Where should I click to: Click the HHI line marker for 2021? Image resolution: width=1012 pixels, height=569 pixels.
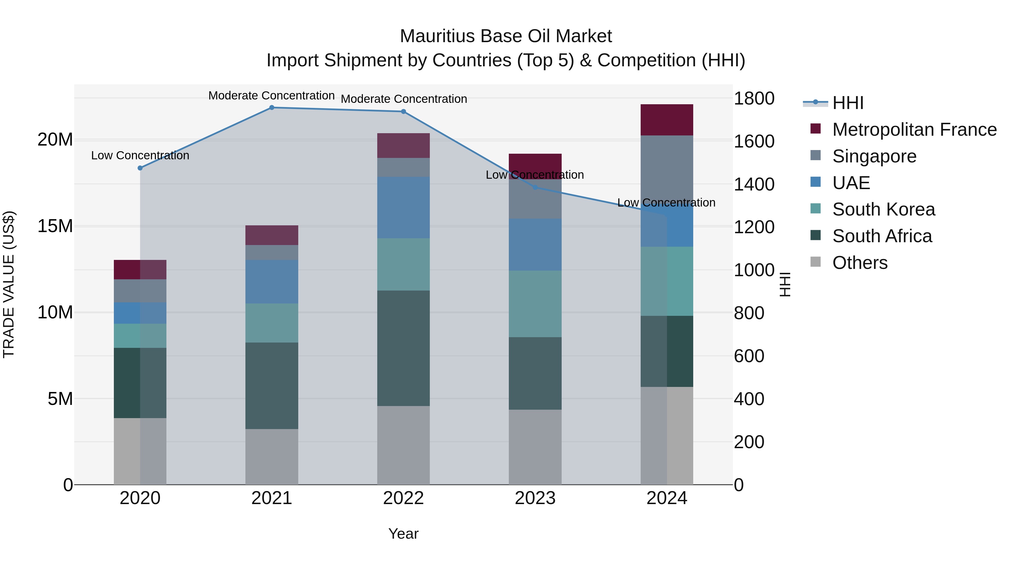pos(272,108)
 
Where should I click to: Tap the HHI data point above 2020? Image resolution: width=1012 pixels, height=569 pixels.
pos(140,168)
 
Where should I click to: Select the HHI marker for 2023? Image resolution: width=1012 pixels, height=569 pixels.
pos(535,187)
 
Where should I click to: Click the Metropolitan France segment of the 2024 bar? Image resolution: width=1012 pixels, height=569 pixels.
pos(667,120)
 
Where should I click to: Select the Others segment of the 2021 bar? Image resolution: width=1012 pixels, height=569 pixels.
pos(272,456)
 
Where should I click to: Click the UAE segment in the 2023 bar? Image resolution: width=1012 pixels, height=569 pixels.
pos(535,244)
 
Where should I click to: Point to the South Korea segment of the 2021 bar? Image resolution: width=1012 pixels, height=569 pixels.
pos(272,323)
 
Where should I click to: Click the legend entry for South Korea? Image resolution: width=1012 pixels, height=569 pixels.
pos(883,209)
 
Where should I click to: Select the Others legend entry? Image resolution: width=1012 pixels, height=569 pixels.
pos(860,263)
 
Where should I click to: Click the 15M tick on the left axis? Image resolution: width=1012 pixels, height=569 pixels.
pos(55,226)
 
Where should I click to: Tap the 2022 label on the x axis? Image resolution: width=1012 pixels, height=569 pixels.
pos(403,498)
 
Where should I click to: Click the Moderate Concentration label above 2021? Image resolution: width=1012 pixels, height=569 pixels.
pos(272,96)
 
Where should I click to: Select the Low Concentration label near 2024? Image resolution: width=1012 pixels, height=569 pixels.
pos(666,203)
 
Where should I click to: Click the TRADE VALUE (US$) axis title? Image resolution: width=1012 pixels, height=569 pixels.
pos(9,284)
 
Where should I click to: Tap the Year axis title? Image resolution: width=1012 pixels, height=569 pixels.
pos(403,534)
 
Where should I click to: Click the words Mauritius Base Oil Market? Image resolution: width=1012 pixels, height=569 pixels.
pos(506,36)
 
